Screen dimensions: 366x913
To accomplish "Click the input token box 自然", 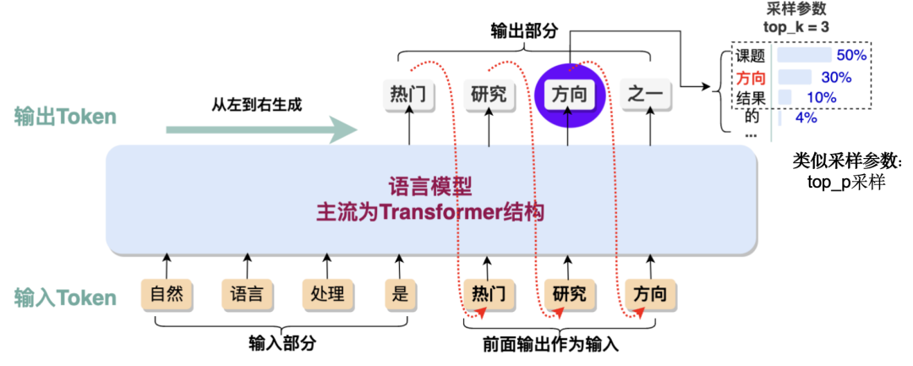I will [166, 295].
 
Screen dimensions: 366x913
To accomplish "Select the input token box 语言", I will [247, 295].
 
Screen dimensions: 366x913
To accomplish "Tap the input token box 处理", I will [326, 295].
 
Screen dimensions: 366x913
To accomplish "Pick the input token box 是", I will [400, 295].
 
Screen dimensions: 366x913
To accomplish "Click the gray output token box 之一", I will [646, 94].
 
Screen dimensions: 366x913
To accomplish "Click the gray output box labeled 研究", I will [490, 94].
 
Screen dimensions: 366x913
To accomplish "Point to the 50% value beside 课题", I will [851, 56].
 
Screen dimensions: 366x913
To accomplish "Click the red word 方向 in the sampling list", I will [750, 78].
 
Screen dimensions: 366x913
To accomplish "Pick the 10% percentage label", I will [820, 97].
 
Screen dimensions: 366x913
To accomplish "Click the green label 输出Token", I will [65, 117].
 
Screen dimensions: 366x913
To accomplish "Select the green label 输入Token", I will [65, 298].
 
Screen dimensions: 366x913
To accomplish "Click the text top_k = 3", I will [795, 27].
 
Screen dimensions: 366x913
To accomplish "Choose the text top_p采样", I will [847, 180].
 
